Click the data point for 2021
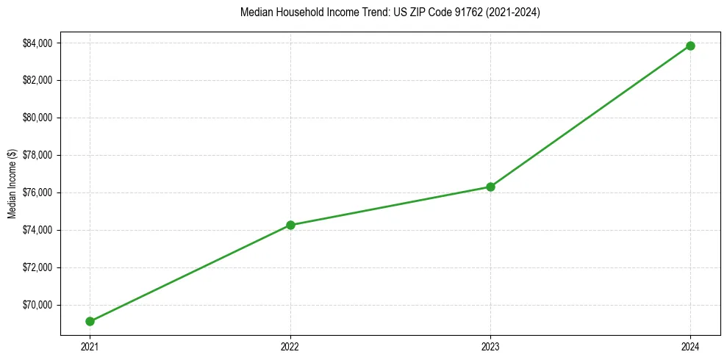tap(90, 321)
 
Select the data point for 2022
tap(290, 225)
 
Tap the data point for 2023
tap(490, 187)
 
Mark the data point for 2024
tap(690, 46)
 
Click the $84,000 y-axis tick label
tap(37, 43)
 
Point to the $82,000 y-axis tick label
tap(37, 80)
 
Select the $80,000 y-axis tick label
tap(37, 118)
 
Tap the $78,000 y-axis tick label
tap(37, 155)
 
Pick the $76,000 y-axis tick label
tap(37, 192)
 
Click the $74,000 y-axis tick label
tap(37, 230)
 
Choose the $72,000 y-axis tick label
tap(37, 267)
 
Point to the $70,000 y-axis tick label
tap(37, 305)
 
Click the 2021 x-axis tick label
tap(90, 346)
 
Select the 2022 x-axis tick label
tap(290, 346)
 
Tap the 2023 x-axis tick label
tap(490, 346)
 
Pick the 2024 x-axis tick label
tap(690, 346)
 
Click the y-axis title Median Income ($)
tap(12, 184)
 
